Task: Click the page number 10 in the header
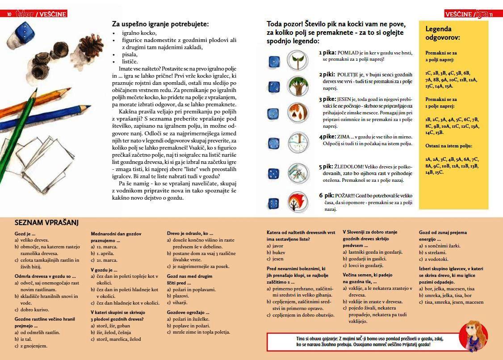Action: [9, 14]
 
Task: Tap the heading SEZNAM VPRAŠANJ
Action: [46, 222]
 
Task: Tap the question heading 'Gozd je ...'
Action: [25, 234]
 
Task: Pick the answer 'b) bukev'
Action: [276, 252]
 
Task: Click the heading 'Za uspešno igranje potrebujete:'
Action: [160, 24]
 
